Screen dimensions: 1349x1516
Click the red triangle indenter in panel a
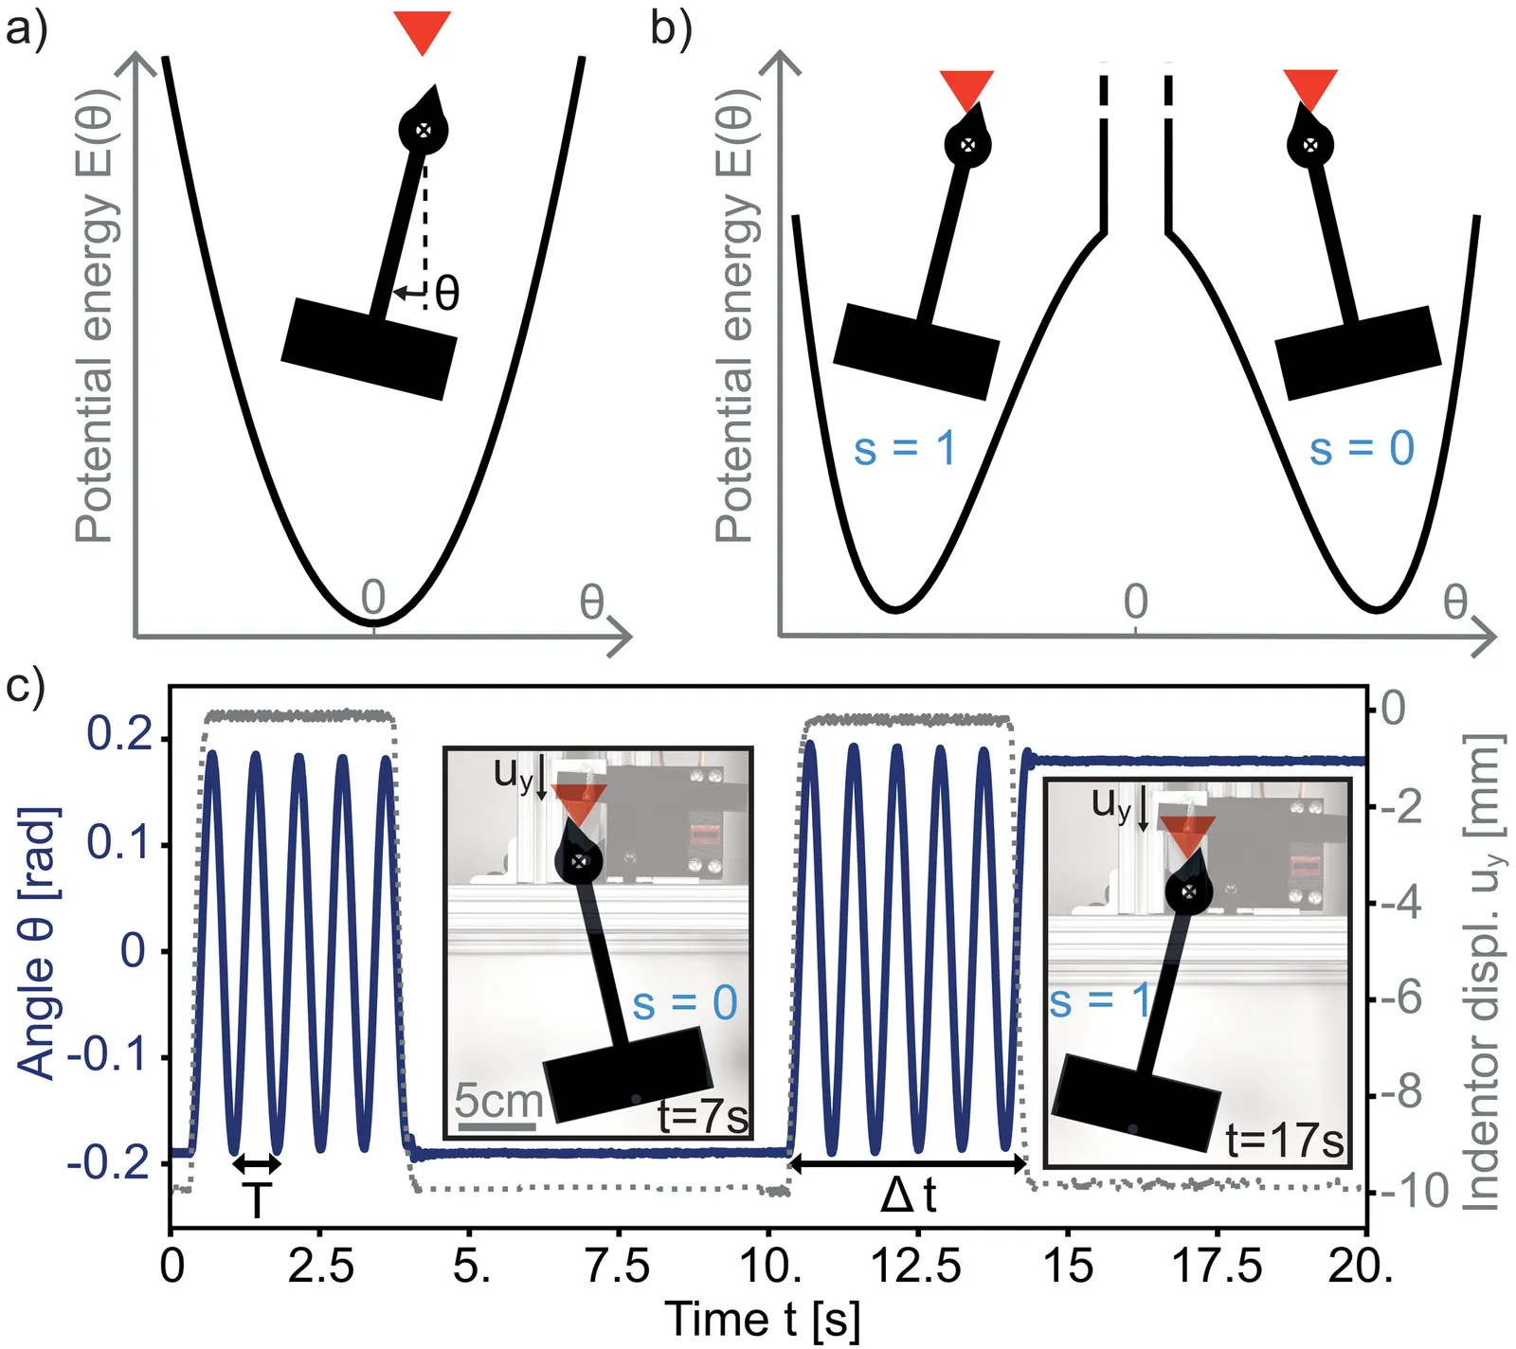tap(423, 30)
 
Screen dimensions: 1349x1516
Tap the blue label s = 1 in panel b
tap(904, 448)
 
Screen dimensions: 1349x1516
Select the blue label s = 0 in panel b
tap(1362, 448)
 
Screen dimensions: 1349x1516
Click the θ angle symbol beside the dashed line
tap(447, 293)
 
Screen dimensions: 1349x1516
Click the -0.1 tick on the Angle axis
tap(106, 1056)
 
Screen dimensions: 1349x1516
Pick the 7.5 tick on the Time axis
tap(618, 1266)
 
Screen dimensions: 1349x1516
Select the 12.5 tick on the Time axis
tap(915, 1266)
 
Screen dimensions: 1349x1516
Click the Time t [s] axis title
tap(762, 1320)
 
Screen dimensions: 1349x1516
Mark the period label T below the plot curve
tap(256, 1200)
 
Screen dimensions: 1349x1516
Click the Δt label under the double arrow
tap(908, 1196)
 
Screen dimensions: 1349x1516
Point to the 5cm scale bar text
tap(497, 1101)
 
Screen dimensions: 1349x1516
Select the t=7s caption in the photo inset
tap(702, 1117)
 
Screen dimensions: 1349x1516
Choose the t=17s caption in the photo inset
tap(1284, 1141)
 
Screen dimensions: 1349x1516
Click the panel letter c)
tap(25, 685)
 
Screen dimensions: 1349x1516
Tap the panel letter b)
tap(671, 28)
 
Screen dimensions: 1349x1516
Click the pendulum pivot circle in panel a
tap(424, 131)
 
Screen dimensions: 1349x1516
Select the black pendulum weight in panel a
tap(370, 348)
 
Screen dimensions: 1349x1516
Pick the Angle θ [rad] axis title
tap(38, 943)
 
